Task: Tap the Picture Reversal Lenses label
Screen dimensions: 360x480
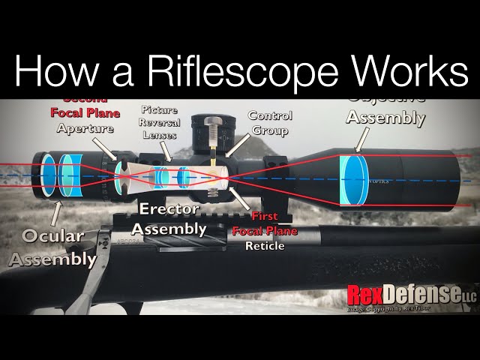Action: pyautogui.click(x=159, y=121)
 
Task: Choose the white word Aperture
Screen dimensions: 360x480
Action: pyautogui.click(x=85, y=128)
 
